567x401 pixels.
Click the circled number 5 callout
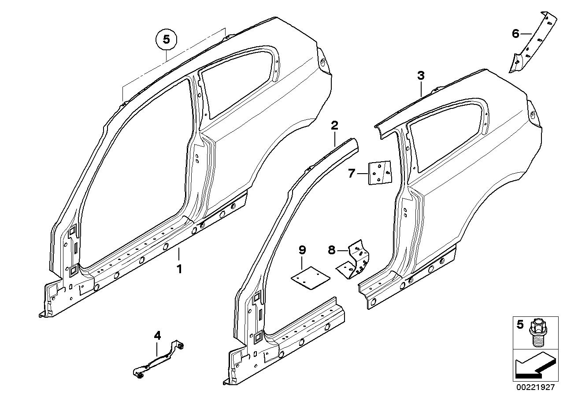166,40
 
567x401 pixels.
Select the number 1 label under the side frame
179,268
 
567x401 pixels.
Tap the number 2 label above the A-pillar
334,125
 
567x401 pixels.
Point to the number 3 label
421,76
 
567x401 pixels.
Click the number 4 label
157,336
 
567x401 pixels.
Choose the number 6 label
515,33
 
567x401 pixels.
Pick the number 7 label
351,174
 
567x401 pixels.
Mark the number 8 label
332,251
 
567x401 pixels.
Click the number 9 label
302,250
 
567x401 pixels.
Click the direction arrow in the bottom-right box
534,367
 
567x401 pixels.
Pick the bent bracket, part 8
355,260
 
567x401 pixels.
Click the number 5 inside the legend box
520,325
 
